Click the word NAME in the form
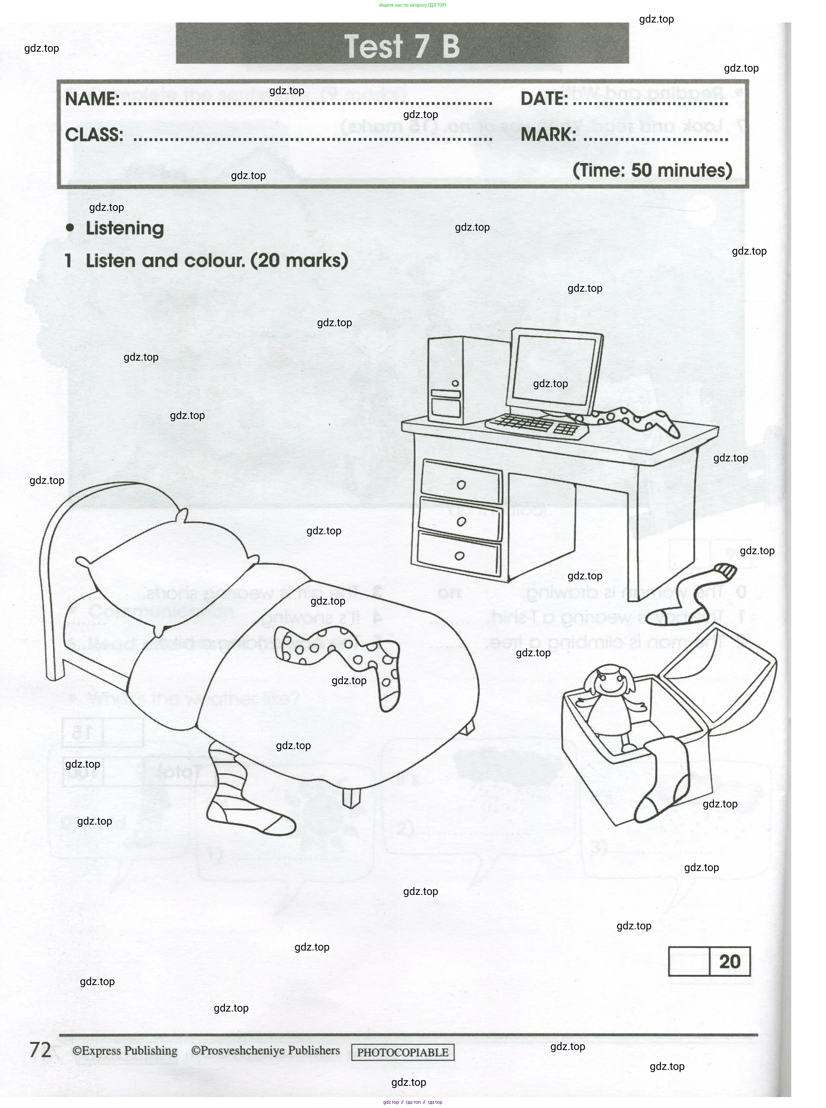tap(92, 98)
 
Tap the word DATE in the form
tap(543, 98)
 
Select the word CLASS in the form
tap(94, 135)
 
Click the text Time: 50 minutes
tap(652, 170)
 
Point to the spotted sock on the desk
tap(633, 419)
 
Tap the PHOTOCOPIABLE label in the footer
tap(403, 1052)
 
